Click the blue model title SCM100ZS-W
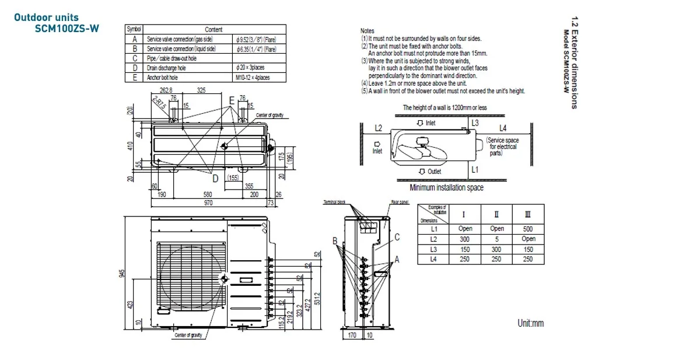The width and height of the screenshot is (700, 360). pyautogui.click(x=66, y=28)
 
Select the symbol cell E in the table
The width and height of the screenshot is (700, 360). pyautogui.click(x=134, y=77)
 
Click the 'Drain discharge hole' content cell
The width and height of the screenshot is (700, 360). pyautogui.click(x=166, y=68)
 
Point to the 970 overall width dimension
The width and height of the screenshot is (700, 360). pyautogui.click(x=208, y=202)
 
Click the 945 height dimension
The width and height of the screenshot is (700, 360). pyautogui.click(x=122, y=274)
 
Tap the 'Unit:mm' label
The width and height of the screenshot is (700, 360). pyautogui.click(x=530, y=323)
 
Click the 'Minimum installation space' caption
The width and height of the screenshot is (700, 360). pyautogui.click(x=446, y=188)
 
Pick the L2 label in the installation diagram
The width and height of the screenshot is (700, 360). pyautogui.click(x=378, y=128)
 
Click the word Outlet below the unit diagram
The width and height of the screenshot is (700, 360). pyautogui.click(x=434, y=172)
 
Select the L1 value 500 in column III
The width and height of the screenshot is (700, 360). pyautogui.click(x=528, y=229)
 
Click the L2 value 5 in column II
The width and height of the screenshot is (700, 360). pyautogui.click(x=497, y=239)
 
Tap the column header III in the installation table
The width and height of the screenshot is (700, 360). pyautogui.click(x=528, y=214)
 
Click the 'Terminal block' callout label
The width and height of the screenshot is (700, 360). pyautogui.click(x=334, y=202)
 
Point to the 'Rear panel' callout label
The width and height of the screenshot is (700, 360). pyautogui.click(x=400, y=202)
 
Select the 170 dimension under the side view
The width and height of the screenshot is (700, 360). pyautogui.click(x=352, y=335)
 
